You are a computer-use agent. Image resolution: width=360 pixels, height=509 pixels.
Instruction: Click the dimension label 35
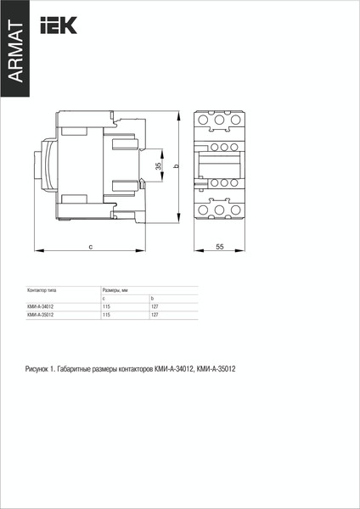tap(158, 166)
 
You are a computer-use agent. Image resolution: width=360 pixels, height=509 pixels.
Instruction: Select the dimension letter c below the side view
tap(90, 246)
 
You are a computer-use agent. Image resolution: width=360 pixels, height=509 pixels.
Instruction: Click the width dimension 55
tap(219, 246)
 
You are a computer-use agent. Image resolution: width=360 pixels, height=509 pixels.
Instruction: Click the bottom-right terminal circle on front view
tap(233, 209)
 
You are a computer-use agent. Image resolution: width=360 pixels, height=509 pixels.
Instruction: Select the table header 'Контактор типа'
tap(42, 290)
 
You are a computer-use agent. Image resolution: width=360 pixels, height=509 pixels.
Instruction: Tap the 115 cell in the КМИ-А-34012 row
tap(106, 306)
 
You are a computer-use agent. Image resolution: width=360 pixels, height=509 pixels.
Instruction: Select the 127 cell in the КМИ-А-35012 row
tap(155, 315)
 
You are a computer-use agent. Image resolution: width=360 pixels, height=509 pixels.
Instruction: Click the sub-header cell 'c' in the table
tap(104, 299)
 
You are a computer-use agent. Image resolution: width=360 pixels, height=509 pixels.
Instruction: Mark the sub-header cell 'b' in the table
tap(152, 299)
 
